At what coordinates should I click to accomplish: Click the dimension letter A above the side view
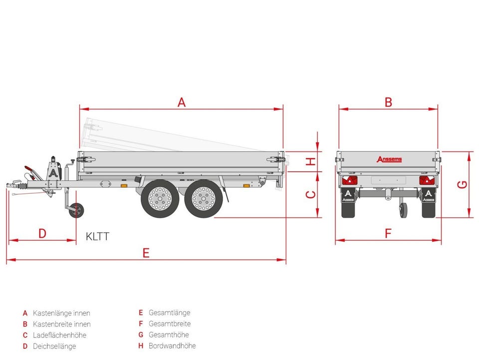tap(182, 102)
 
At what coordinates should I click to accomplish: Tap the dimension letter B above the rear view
tap(388, 102)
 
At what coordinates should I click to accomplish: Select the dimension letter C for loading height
tap(310, 195)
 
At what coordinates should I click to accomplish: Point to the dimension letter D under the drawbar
tap(42, 233)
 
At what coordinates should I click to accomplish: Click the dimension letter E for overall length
tap(146, 253)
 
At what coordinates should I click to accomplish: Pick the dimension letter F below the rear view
tap(388, 233)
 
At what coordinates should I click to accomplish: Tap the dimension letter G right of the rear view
tap(463, 184)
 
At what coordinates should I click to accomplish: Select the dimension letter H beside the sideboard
tap(310, 161)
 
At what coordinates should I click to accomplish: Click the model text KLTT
tap(97, 236)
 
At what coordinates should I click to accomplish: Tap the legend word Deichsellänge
tap(55, 346)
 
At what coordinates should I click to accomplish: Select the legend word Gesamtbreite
tap(170, 324)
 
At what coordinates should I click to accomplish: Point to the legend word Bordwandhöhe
tap(172, 346)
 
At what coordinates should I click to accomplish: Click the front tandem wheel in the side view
tap(160, 198)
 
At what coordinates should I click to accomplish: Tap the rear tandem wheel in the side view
tap(203, 198)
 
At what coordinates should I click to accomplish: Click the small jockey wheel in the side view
tap(76, 210)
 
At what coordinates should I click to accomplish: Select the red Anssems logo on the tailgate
tap(389, 159)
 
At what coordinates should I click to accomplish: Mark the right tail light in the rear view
tap(427, 181)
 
